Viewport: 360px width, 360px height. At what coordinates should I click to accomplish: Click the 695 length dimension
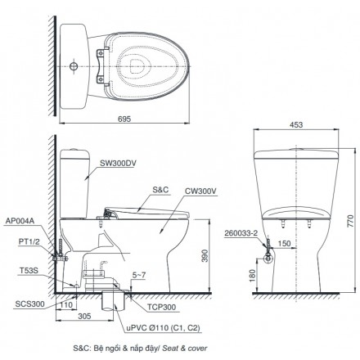coord(124,119)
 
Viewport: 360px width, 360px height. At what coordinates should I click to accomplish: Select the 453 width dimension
coord(296,124)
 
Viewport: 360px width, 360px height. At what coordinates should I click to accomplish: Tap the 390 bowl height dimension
coord(205,255)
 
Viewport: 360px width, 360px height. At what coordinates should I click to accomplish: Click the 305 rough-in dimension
coord(84,316)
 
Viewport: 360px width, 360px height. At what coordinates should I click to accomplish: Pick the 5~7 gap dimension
coord(139,276)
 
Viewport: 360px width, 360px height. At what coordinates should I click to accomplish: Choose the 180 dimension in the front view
coord(252,276)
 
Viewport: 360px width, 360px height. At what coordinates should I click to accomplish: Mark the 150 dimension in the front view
coord(285,243)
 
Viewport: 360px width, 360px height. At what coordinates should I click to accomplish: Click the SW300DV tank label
coord(118,163)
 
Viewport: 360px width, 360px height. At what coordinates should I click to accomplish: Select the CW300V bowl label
coord(200,191)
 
